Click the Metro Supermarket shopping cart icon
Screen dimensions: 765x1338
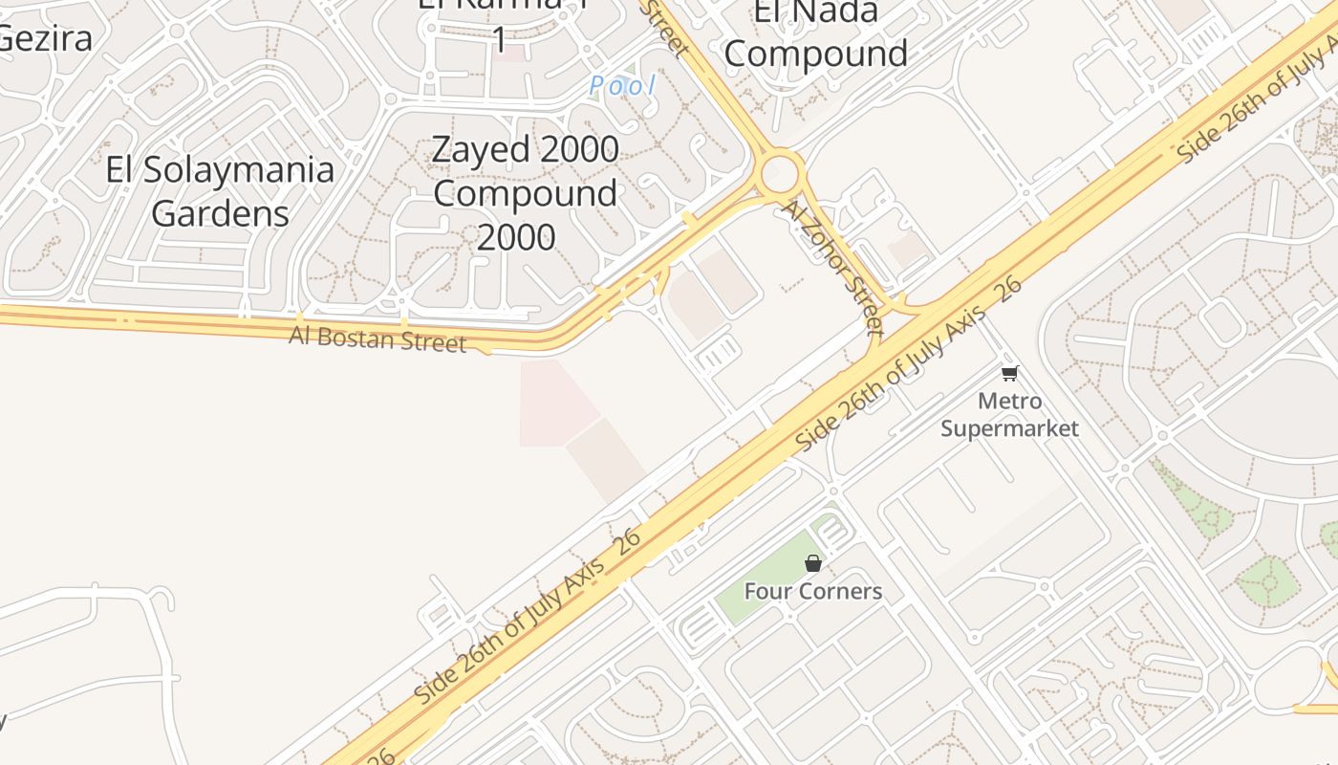pyautogui.click(x=1010, y=373)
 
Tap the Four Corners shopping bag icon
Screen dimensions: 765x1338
pyautogui.click(x=813, y=563)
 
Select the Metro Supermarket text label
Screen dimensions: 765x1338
pyautogui.click(x=1009, y=414)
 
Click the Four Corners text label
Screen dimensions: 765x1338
pyautogui.click(x=813, y=591)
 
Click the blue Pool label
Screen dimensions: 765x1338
pyautogui.click(x=622, y=86)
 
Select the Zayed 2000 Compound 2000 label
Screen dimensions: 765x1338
pyautogui.click(x=525, y=193)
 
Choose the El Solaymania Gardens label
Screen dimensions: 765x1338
pyautogui.click(x=220, y=191)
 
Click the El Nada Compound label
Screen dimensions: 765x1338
pyautogui.click(x=815, y=33)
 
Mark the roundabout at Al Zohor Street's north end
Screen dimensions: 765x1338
pyautogui.click(x=780, y=174)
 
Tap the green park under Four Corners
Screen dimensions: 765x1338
pyautogui.click(x=765, y=574)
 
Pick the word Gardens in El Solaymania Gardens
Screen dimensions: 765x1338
pyautogui.click(x=220, y=213)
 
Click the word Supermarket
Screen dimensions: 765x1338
pyautogui.click(x=1009, y=427)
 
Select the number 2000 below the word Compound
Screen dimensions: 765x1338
pyautogui.click(x=516, y=237)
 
